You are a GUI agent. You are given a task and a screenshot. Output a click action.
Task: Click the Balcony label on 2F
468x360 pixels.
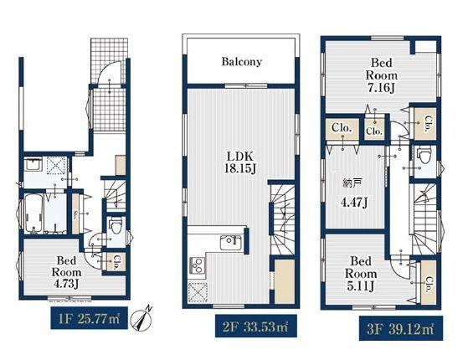[x=241, y=62]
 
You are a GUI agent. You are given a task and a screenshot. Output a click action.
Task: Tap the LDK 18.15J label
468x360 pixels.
[x=240, y=162]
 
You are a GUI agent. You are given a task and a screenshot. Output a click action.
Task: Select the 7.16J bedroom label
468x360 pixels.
[x=382, y=75]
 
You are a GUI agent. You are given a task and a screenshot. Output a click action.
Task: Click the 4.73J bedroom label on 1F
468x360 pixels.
[x=67, y=272]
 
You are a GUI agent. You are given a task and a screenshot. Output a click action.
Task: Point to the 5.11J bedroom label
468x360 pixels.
[x=361, y=274]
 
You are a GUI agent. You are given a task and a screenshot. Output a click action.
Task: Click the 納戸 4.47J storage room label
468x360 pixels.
[x=354, y=193]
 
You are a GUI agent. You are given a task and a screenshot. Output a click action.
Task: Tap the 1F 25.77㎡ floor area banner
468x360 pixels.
[x=90, y=318]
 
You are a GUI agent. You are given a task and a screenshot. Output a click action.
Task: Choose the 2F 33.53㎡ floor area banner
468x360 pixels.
[x=256, y=326]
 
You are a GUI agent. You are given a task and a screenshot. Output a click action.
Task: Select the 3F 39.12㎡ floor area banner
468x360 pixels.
[x=401, y=328]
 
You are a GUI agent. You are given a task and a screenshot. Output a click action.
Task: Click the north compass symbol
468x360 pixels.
[x=142, y=319]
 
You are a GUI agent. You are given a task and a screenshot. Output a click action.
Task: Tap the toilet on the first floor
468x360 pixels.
[x=116, y=226]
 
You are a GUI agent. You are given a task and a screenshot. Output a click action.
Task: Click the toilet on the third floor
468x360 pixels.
[x=424, y=155]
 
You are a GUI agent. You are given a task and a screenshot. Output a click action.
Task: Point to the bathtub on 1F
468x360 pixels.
[x=33, y=213]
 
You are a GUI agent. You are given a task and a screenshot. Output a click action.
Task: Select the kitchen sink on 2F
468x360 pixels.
[x=231, y=243]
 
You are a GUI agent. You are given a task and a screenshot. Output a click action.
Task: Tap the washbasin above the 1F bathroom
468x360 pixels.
[x=33, y=164]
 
